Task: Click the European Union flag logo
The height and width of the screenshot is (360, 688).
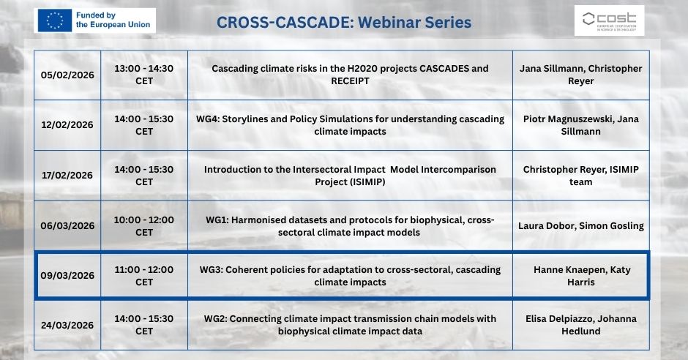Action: pos(54,20)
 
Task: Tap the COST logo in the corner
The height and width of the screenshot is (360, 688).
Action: pos(609,20)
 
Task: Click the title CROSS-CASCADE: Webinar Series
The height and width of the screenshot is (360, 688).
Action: pos(344,23)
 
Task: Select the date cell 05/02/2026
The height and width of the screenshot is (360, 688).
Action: pos(67,75)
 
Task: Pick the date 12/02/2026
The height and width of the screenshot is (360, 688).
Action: pos(67,125)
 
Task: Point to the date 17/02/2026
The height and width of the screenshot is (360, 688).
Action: pos(67,176)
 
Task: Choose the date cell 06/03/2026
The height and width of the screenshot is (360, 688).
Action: pos(67,226)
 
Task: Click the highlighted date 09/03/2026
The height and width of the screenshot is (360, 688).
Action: pos(67,276)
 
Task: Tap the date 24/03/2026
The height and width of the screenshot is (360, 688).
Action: pos(67,326)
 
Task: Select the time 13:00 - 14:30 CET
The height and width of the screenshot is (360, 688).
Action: pos(144,75)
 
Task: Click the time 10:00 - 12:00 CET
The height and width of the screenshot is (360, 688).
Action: pos(144,226)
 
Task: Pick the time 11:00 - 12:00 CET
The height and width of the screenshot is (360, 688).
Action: pos(144,276)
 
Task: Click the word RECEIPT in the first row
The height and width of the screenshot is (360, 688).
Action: pos(350,81)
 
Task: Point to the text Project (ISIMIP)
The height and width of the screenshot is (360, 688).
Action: pos(350,182)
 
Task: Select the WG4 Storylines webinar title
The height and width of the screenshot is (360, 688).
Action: pos(350,125)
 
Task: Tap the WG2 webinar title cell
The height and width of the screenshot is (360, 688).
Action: pos(350,325)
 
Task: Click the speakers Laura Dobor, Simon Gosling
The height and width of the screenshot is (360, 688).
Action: pos(581,226)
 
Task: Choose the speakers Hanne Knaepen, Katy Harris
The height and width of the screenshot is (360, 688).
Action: pos(581,276)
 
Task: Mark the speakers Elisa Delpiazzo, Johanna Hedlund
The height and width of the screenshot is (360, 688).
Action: pos(581,325)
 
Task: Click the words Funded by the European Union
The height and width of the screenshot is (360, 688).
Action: pos(113,20)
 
